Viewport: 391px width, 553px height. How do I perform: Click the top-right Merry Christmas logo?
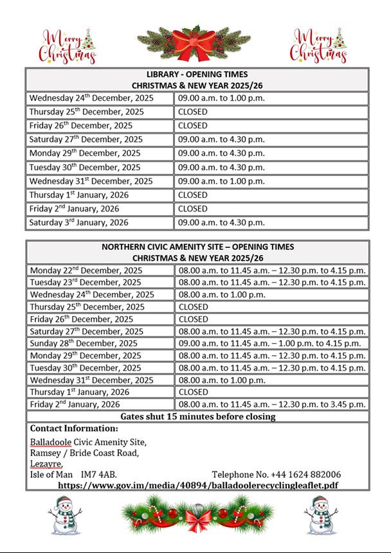point(318,46)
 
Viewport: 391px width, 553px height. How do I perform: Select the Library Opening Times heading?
point(197,80)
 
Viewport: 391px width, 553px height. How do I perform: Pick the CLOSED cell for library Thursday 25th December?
point(193,112)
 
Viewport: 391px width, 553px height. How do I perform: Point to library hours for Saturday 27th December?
point(221,139)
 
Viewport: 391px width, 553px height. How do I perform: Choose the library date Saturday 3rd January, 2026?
point(78,223)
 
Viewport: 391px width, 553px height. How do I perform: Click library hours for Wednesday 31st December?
point(221,181)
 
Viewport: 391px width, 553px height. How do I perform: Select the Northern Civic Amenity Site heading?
point(197,252)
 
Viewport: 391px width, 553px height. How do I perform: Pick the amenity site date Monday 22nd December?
point(86,270)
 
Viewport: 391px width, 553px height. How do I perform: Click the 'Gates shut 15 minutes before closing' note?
point(197,416)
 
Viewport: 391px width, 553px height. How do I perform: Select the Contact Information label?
point(74,428)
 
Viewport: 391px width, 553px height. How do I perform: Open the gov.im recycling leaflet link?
point(197,485)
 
